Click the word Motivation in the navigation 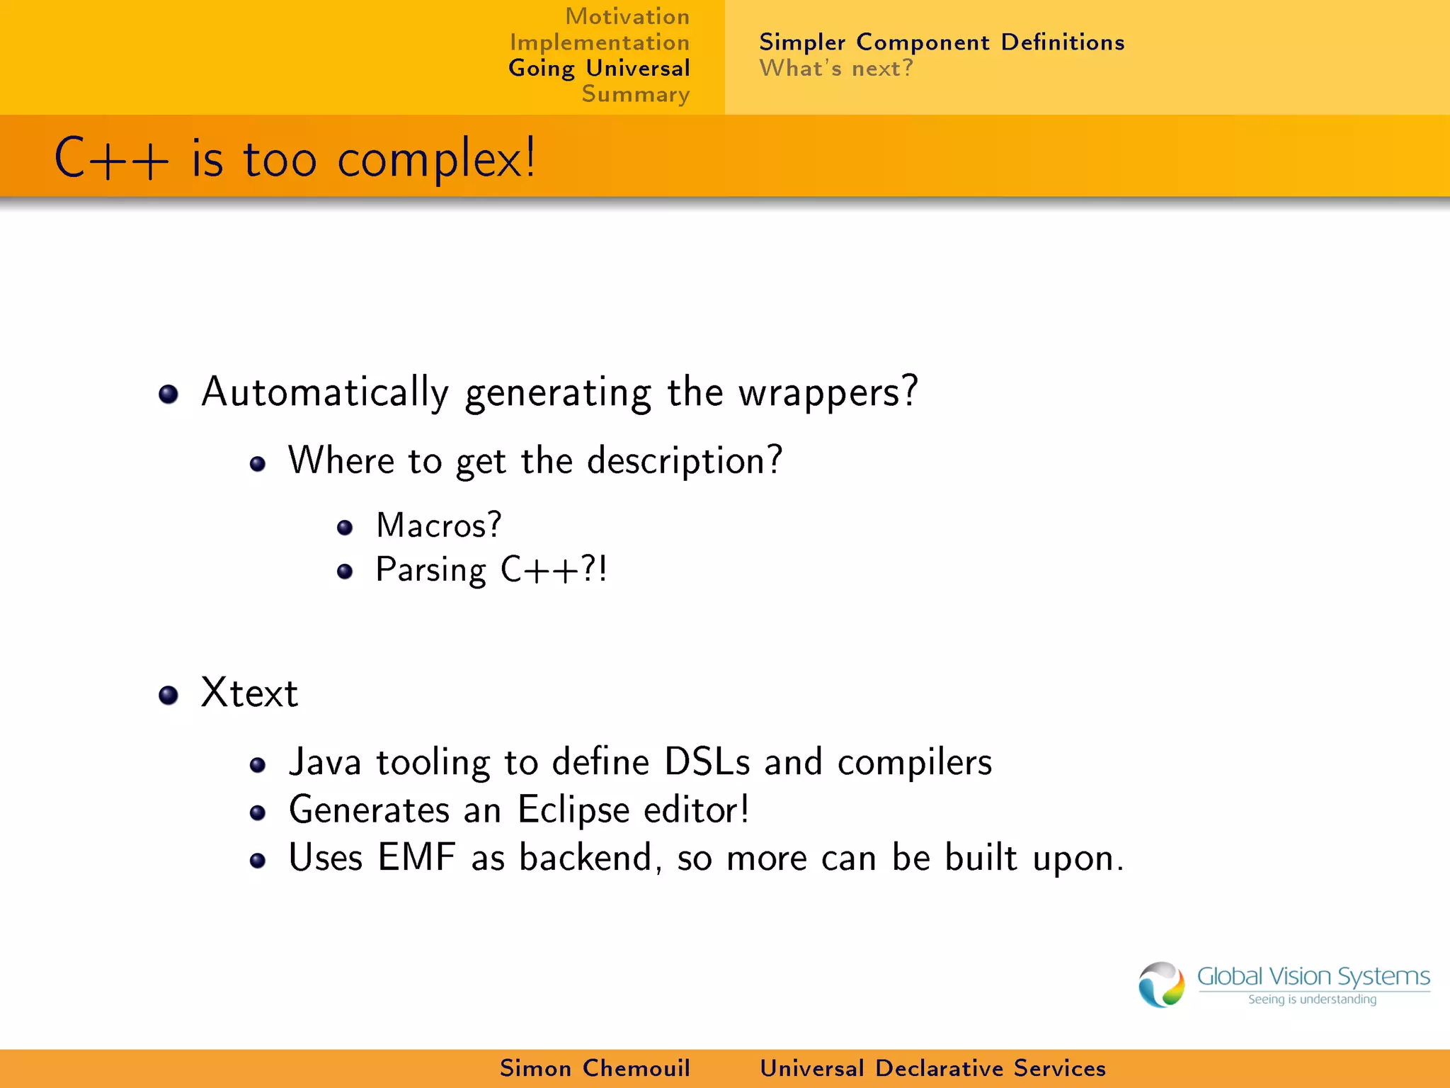click(x=627, y=16)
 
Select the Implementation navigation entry click(x=600, y=42)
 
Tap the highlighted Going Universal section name click(x=599, y=69)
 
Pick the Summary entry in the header click(x=635, y=94)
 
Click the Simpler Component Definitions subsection click(x=942, y=42)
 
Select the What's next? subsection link click(x=836, y=69)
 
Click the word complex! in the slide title click(x=436, y=159)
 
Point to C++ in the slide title click(x=112, y=159)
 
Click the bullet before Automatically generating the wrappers click(x=169, y=394)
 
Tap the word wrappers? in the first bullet click(x=828, y=392)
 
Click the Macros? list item click(x=438, y=526)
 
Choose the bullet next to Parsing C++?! click(x=345, y=571)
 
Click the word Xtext click(x=249, y=693)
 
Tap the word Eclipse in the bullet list click(x=573, y=810)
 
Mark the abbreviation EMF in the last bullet click(x=416, y=857)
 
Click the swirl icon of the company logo click(x=1161, y=985)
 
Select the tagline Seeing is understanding click(x=1312, y=999)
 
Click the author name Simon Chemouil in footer click(x=595, y=1068)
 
